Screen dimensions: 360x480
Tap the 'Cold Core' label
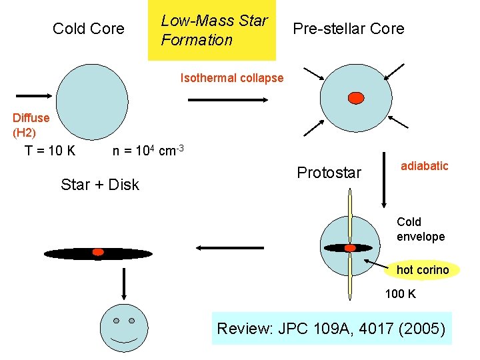(x=89, y=29)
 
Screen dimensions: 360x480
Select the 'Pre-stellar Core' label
(x=348, y=29)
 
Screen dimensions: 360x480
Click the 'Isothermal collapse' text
(x=232, y=78)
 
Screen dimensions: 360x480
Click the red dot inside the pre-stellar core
(x=356, y=98)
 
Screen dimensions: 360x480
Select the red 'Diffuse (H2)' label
(x=31, y=125)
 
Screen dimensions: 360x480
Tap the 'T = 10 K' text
(x=50, y=151)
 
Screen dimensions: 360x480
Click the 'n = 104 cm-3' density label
(x=148, y=150)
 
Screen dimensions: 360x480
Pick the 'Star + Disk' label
(x=100, y=185)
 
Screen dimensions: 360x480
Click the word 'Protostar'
(x=329, y=173)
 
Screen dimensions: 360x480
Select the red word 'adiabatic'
(x=425, y=166)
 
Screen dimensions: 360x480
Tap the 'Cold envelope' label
(x=421, y=229)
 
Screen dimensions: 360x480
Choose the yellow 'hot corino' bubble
(x=423, y=270)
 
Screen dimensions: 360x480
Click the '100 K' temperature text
(x=401, y=293)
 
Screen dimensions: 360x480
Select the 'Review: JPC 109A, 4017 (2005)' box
(x=331, y=328)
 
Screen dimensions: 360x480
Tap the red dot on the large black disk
(x=98, y=252)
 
